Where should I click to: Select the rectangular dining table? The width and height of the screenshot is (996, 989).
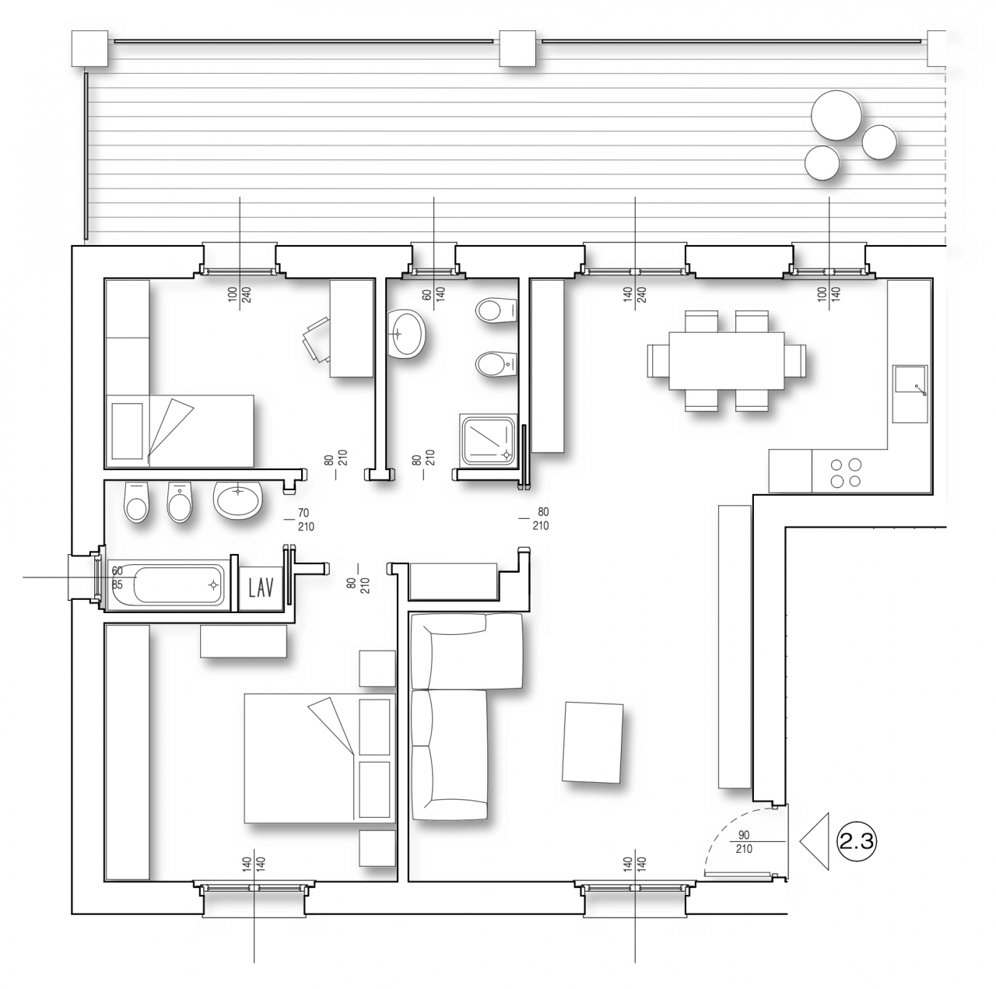pyautogui.click(x=726, y=360)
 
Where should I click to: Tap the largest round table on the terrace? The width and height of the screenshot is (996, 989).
pyautogui.click(x=836, y=115)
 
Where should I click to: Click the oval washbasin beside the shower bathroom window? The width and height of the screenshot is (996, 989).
pyautogui.click(x=406, y=334)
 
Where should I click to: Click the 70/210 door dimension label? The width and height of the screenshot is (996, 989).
pyautogui.click(x=306, y=520)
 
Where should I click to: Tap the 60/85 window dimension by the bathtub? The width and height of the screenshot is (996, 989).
pyautogui.click(x=117, y=578)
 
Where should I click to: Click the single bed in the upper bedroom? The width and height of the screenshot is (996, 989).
pyautogui.click(x=180, y=431)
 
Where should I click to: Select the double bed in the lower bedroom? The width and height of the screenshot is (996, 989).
pyautogui.click(x=320, y=758)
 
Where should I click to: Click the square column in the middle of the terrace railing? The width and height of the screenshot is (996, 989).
pyautogui.click(x=517, y=48)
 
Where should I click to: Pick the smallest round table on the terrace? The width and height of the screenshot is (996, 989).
pyautogui.click(x=821, y=163)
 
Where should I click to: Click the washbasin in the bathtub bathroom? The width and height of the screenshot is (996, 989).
pyautogui.click(x=238, y=500)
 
